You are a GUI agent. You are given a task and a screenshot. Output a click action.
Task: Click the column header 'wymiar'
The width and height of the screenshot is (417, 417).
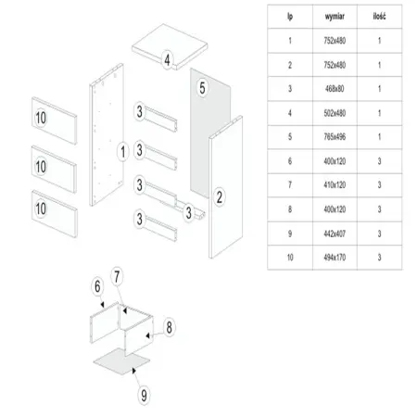335,17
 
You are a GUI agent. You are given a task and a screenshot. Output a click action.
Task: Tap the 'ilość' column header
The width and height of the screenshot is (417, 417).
379,17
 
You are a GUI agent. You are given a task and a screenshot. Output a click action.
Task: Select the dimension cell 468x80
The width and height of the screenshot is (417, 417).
335,89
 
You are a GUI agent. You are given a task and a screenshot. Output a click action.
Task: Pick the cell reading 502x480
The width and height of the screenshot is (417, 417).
335,113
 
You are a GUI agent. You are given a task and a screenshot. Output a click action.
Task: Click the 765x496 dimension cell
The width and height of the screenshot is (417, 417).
335,137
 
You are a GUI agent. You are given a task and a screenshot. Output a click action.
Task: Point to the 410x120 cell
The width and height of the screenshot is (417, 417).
335,185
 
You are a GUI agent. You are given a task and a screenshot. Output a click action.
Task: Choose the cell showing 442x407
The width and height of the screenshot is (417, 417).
335,234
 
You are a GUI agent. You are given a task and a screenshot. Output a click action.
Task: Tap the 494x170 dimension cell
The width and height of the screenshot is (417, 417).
335,258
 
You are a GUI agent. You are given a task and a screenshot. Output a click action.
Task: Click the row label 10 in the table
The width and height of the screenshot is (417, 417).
290,258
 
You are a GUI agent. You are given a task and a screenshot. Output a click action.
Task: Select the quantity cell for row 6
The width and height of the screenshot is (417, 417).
379,161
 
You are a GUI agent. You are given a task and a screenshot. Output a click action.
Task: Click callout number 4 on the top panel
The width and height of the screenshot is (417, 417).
167,60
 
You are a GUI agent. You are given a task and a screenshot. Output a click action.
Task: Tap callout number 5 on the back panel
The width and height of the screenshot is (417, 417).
202,88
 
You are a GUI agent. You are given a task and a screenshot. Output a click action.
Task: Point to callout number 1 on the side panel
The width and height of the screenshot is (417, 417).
123,152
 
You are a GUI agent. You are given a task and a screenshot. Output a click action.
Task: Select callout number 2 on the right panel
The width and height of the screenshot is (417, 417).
220,197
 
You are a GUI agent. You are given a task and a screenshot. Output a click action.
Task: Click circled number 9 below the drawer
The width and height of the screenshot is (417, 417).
144,396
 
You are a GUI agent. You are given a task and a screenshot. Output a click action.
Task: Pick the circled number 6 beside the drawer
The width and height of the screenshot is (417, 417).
97,286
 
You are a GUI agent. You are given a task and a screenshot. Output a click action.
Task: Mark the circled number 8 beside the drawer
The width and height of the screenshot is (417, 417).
169,327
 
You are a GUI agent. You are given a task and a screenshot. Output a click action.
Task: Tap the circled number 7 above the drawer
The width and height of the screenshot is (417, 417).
117,277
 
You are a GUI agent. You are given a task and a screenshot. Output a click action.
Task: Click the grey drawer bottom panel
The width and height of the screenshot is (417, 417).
121,361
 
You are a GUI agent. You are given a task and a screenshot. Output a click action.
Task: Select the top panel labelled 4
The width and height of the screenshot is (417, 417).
170,46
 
